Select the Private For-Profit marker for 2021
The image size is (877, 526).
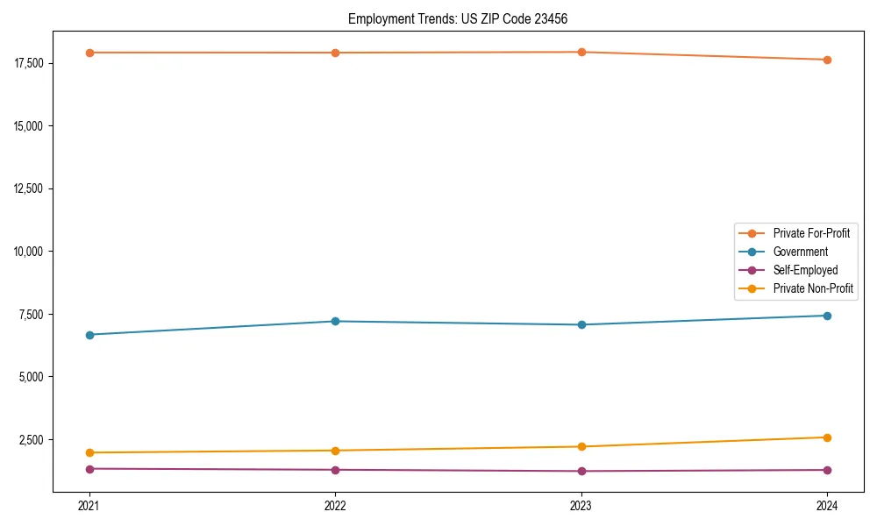click(89, 53)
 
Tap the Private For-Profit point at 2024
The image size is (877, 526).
click(827, 60)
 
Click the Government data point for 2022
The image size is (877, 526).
click(335, 321)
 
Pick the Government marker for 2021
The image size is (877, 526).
click(89, 335)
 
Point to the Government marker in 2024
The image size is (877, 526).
click(827, 316)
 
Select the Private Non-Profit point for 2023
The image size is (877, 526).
click(581, 447)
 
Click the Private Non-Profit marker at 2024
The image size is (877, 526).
click(827, 437)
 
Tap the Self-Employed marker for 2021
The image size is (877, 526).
click(89, 469)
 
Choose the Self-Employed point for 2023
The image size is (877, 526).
click(581, 471)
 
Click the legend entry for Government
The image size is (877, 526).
click(800, 252)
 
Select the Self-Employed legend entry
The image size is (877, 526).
click(805, 270)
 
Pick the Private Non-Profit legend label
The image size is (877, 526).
click(813, 288)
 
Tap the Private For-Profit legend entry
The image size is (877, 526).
click(811, 233)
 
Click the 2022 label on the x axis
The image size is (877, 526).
click(335, 505)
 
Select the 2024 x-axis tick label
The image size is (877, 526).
click(827, 505)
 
